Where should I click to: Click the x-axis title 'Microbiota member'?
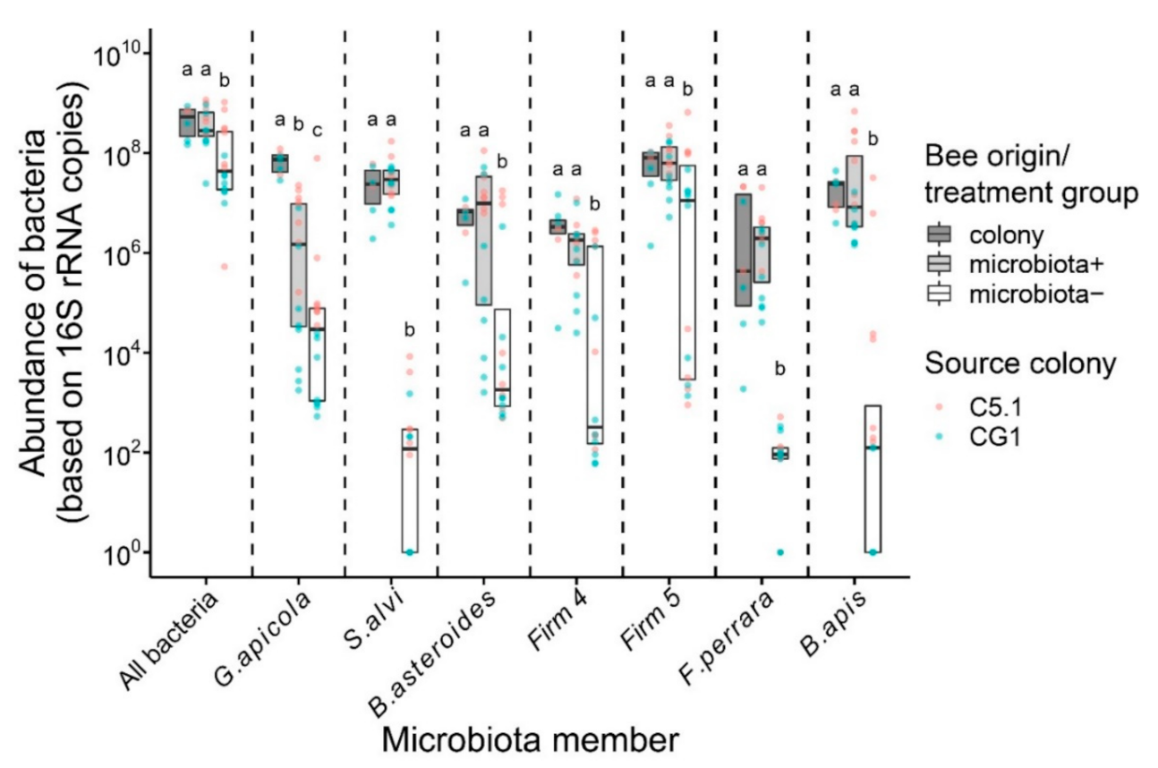pyautogui.click(x=528, y=739)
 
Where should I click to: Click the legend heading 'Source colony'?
pyautogui.click(x=1021, y=364)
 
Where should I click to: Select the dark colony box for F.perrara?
pyautogui.click(x=743, y=250)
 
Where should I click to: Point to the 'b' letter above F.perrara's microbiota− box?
pyautogui.click(x=779, y=368)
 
